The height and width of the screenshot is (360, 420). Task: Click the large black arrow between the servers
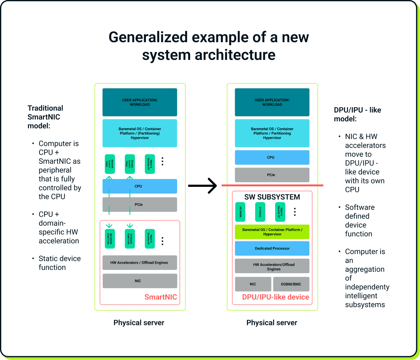click(203, 186)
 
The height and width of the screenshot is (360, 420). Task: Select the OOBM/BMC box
click(291, 284)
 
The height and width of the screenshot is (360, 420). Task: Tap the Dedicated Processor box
click(272, 248)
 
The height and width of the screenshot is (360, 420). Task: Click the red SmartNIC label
click(161, 297)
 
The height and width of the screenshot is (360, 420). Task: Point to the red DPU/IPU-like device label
click(275, 297)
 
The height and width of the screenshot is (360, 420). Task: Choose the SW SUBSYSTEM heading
click(272, 197)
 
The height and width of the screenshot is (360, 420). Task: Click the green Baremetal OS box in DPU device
click(272, 232)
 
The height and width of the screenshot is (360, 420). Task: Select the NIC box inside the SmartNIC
click(140, 281)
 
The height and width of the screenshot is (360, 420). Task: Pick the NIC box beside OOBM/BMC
click(253, 284)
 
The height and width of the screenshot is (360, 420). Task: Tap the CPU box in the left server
click(140, 186)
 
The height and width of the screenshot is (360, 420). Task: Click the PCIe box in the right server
click(272, 175)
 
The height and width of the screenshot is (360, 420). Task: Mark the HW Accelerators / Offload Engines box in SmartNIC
click(140, 263)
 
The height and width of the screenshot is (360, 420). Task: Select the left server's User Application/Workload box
click(140, 102)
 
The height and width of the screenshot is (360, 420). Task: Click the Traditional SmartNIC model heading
click(45, 117)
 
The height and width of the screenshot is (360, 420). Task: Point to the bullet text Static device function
click(60, 263)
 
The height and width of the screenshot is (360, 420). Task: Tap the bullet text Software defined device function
click(359, 220)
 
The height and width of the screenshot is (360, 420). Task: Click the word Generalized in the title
click(148, 37)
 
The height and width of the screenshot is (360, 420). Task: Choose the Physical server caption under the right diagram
click(272, 323)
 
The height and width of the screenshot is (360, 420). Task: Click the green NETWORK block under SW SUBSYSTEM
click(240, 212)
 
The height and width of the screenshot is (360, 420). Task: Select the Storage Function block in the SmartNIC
click(130, 239)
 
